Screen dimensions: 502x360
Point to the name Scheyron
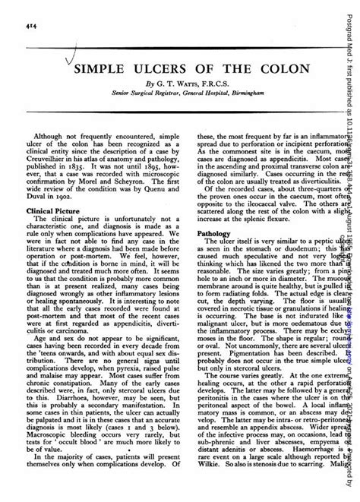coord(122,177)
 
